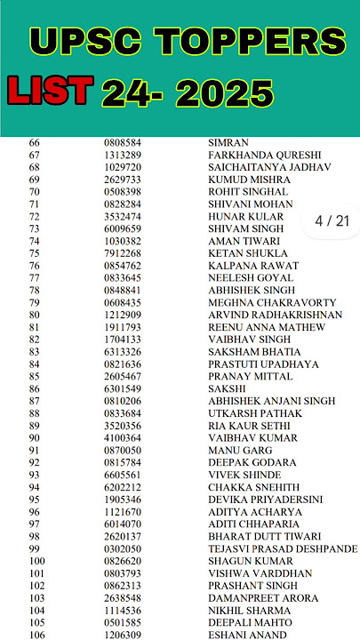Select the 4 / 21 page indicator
[x=332, y=220]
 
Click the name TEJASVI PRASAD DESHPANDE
[x=282, y=549]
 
